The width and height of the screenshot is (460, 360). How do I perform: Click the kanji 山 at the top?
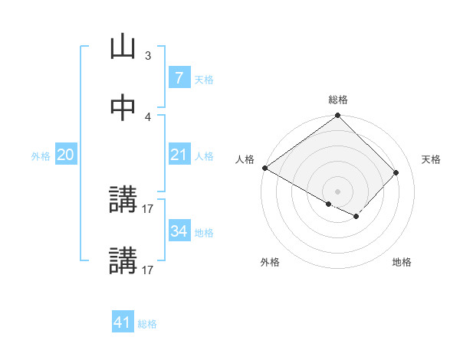123,47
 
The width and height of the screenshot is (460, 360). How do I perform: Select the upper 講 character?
123,201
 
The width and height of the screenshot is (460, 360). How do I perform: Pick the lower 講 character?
123,261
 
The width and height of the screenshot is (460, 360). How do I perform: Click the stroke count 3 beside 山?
148,56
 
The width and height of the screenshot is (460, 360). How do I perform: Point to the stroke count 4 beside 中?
148,116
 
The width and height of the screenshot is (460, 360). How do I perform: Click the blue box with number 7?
179,78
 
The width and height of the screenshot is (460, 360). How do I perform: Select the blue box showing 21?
179,155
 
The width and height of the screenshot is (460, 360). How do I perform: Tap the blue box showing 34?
179,231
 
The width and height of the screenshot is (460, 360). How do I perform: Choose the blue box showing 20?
65,155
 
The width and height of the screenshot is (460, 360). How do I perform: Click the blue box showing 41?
123,322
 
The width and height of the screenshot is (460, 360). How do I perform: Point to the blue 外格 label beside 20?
41,155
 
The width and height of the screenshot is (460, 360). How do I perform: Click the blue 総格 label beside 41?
147,324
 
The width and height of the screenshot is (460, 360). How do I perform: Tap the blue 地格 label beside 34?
204,232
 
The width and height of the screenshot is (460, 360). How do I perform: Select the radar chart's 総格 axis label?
338,100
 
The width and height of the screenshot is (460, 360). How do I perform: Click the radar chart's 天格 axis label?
432,159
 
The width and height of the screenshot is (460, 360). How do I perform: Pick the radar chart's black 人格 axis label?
245,159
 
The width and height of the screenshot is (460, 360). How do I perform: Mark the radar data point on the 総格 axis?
338,116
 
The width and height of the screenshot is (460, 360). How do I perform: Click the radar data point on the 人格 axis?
264,168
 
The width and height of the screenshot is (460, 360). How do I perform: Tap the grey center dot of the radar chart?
338,191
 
